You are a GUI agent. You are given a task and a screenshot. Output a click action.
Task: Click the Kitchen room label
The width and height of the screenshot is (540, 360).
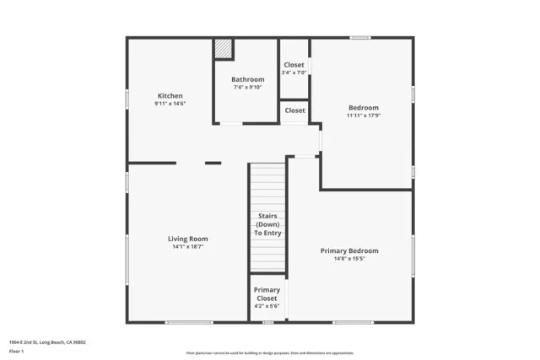point(170,96)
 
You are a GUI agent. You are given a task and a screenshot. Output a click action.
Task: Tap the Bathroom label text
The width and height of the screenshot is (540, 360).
point(248,79)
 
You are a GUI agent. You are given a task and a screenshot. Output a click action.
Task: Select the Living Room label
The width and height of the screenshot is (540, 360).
point(187,239)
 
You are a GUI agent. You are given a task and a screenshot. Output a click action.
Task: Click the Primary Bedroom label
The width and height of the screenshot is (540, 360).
point(349,250)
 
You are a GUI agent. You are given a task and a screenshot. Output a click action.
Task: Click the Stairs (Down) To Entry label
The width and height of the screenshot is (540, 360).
point(268,224)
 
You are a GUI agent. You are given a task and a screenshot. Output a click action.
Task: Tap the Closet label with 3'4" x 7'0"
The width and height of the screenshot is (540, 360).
point(294,65)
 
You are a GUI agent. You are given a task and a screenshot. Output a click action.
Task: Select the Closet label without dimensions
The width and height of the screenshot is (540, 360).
point(294,110)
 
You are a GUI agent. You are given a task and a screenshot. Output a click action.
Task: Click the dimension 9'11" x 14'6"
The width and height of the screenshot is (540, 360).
point(170,104)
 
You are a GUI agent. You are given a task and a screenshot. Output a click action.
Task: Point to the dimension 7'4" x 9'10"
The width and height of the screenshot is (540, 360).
point(248,87)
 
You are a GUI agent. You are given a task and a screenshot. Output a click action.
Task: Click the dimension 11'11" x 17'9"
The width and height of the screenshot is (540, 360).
point(364,116)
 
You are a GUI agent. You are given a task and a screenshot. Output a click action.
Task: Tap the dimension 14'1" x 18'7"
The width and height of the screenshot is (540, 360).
point(187,247)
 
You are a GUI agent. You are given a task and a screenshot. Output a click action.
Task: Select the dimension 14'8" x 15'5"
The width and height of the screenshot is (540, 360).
point(349,259)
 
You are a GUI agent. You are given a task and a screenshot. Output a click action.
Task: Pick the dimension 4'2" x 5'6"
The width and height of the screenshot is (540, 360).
point(267,305)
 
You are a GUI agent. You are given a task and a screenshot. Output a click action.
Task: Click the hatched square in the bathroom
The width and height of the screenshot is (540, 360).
point(223,48)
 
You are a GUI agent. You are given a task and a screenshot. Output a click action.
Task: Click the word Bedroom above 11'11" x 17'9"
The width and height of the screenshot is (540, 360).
point(364,107)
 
